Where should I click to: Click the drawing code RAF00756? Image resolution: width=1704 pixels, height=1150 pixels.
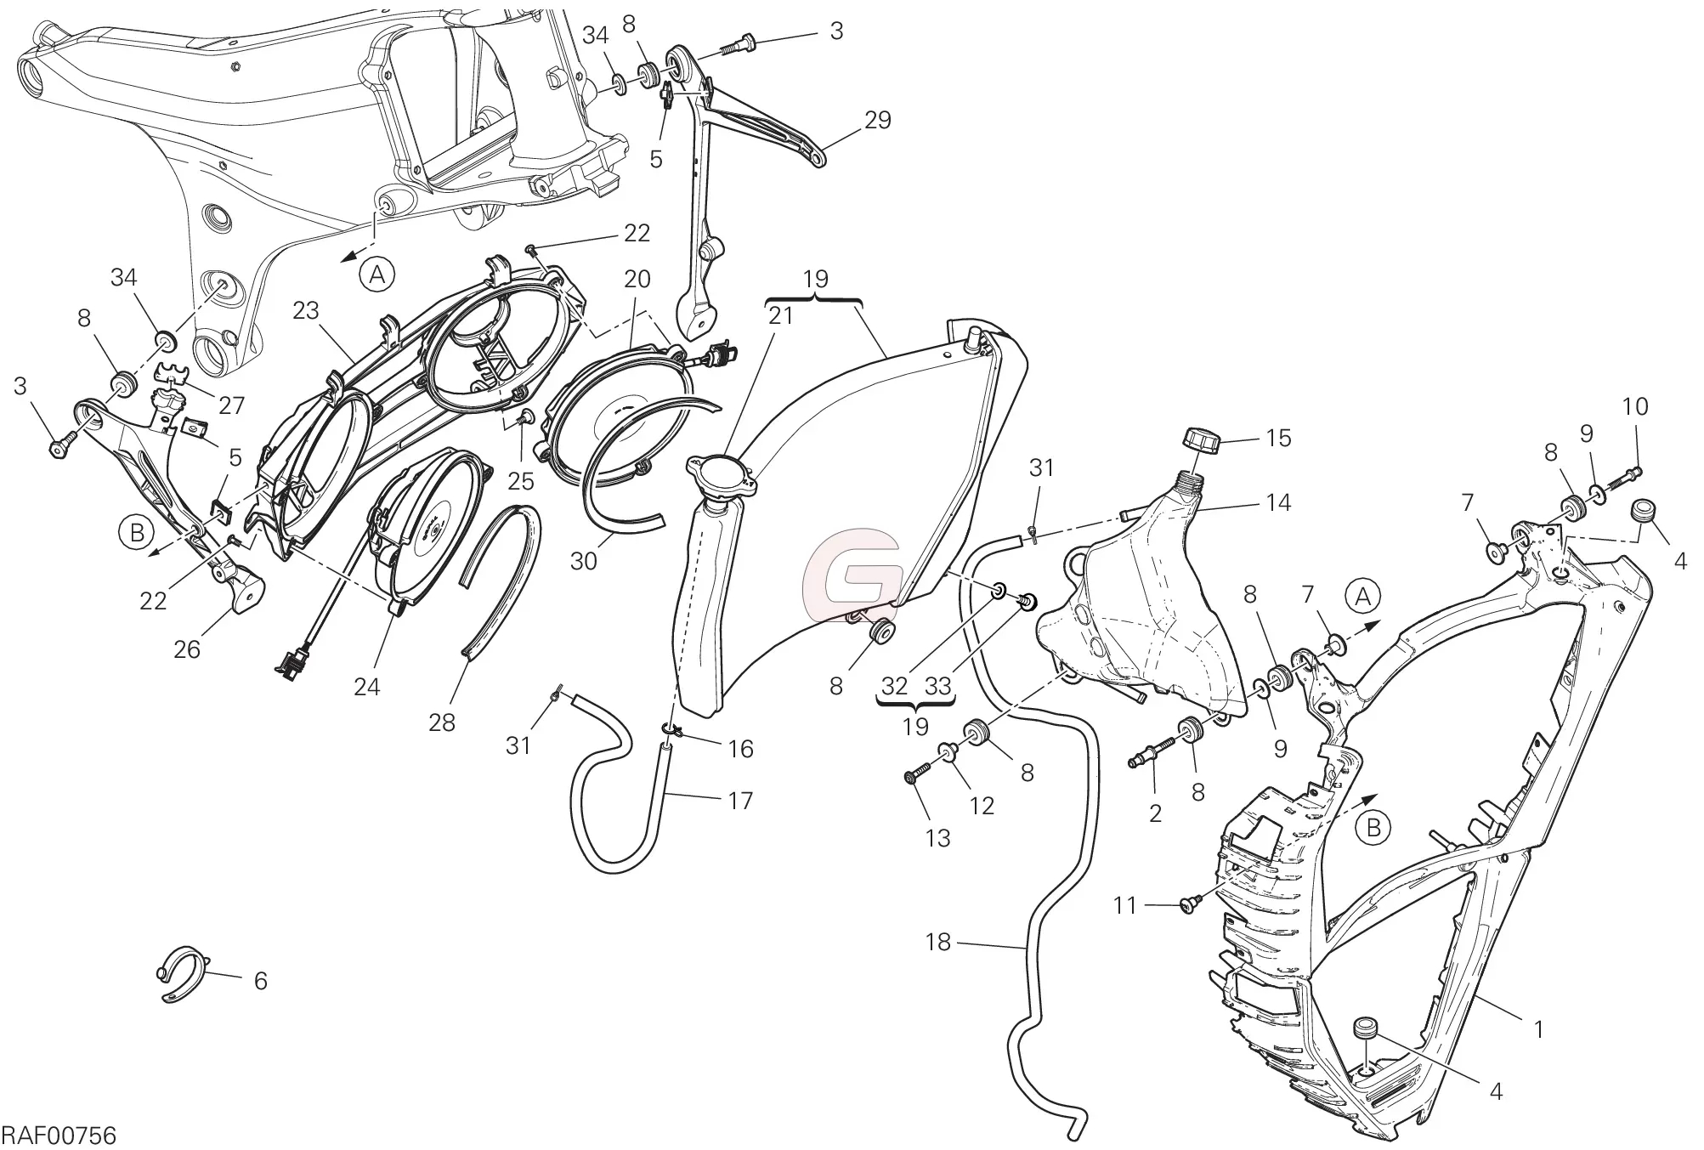[59, 1136]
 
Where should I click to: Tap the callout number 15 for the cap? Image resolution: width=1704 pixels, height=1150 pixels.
[1278, 438]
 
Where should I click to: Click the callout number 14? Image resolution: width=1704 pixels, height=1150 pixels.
[1278, 502]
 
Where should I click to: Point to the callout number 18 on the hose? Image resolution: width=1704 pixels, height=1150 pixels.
[938, 942]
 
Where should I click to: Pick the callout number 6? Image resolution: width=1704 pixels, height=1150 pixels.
[261, 981]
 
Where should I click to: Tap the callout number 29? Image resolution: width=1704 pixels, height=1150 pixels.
[877, 120]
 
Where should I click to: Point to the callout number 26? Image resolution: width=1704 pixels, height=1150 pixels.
[187, 649]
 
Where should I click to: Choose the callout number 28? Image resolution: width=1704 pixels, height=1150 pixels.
[442, 722]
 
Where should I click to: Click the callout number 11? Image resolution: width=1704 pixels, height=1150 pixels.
[1125, 906]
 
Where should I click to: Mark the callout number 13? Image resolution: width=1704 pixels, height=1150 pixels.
[937, 838]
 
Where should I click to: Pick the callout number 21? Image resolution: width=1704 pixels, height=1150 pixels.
[780, 316]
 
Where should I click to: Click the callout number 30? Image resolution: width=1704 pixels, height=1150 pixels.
[584, 561]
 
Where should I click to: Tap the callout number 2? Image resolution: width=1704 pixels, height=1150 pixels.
[1155, 813]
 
